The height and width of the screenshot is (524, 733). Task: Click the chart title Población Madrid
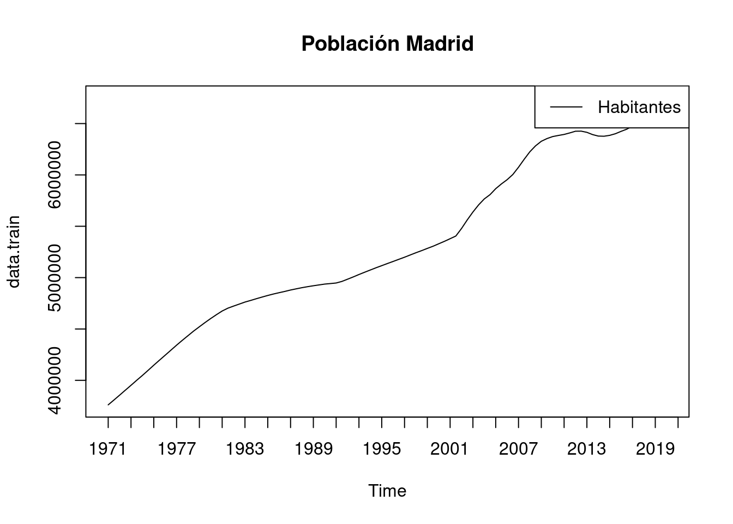coord(387,44)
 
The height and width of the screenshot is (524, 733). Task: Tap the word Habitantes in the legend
coord(639,107)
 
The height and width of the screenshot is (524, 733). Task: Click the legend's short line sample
coord(566,107)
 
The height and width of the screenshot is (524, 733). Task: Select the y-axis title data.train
coord(14,252)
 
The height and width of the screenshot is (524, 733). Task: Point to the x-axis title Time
coord(387,491)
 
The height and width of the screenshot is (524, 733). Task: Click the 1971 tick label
coord(108,449)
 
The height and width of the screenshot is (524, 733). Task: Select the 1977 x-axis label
coord(177,449)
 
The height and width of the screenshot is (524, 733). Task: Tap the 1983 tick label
coord(245,449)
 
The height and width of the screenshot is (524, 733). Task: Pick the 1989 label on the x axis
coord(314,449)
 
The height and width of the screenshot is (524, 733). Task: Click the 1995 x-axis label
coord(382,449)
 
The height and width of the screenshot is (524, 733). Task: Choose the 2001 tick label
coord(450,449)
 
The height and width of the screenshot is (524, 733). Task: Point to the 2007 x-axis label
coord(519,449)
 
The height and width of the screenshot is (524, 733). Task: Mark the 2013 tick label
coord(587,449)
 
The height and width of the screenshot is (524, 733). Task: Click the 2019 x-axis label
coord(656,449)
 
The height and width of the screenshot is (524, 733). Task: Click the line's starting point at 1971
coord(109,404)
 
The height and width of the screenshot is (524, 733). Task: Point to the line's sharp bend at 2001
coord(455,236)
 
